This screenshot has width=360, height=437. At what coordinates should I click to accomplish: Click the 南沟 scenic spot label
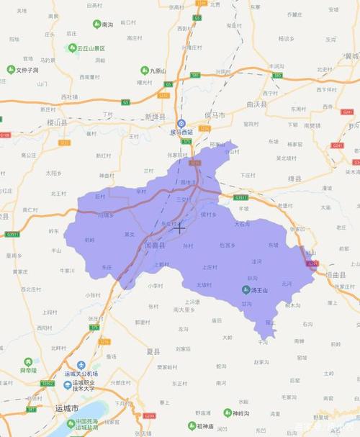(107, 24)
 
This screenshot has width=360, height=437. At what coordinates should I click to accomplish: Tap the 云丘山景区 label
(91, 48)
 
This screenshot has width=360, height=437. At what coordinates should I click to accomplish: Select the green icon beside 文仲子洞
(11, 70)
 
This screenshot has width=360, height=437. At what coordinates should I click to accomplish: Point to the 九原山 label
(158, 71)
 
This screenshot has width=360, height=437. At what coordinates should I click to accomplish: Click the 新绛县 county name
(155, 116)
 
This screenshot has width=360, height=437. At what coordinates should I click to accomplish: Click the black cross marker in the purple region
(180, 227)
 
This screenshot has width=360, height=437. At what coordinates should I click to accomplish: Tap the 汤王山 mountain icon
(246, 290)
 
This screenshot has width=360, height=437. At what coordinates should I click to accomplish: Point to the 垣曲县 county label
(333, 275)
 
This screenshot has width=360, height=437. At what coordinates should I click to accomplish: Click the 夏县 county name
(153, 352)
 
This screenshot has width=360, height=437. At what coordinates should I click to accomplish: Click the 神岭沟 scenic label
(242, 413)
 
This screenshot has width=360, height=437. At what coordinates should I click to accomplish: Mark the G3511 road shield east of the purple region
(240, 197)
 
